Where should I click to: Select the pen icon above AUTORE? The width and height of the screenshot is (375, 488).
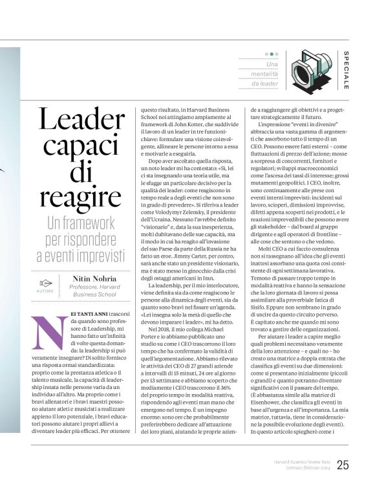pos(46,282)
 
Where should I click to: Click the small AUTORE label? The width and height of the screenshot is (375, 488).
pos(46,291)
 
